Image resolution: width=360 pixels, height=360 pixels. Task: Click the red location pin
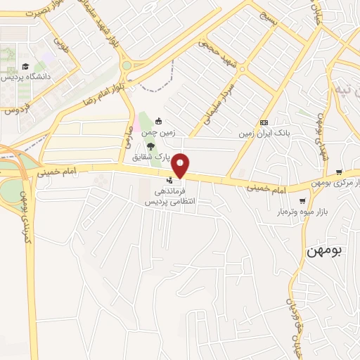pos(181,165)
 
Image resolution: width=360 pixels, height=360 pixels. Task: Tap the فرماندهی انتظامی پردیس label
pos(168,196)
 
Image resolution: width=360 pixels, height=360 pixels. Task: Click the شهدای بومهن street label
pos(322,134)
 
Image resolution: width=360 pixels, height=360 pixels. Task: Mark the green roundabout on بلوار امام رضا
pos(126,65)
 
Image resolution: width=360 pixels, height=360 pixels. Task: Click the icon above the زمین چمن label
pos(158,120)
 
